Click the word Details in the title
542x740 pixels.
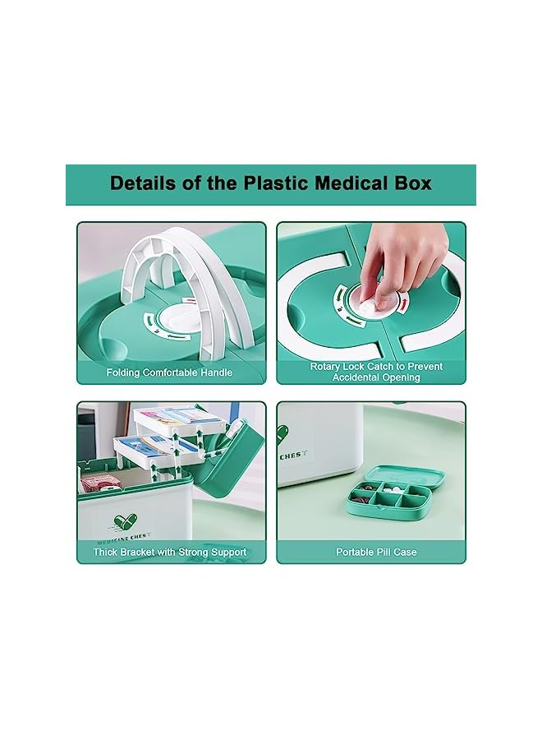pos(141,183)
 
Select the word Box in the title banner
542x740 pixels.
pos(413,183)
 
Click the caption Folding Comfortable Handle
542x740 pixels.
pos(169,372)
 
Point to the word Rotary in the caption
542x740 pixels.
pos(327,367)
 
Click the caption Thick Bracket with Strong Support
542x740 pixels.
pos(169,553)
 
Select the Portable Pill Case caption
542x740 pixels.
pos(376,553)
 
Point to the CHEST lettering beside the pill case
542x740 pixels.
pos(298,454)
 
